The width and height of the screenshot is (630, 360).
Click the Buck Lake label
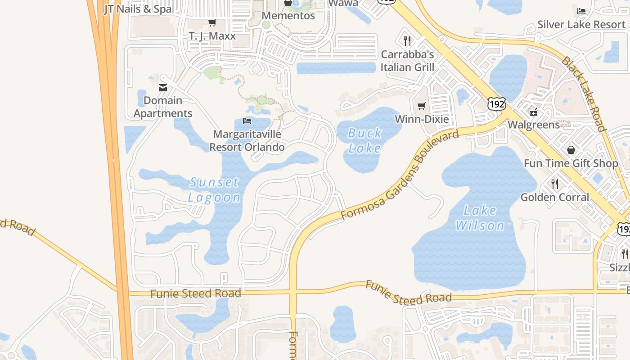(364, 140)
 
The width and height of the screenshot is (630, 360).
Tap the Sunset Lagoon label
(214, 190)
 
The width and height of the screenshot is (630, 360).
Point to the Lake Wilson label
(480, 218)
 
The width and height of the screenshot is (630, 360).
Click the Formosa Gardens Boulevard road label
(400, 175)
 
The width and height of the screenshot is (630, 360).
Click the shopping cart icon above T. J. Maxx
(212, 22)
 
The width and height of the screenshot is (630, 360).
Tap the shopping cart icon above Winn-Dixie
(422, 106)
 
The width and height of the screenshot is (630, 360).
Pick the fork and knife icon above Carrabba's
(407, 41)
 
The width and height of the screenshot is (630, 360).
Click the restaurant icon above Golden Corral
(555, 184)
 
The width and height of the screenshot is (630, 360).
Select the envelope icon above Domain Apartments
(163, 88)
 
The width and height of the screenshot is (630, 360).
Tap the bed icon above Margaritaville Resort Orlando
(247, 121)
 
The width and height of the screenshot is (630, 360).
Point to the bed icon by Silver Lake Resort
(581, 11)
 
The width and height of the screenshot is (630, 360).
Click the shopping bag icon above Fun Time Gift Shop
(571, 150)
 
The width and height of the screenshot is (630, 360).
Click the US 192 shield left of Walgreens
(497, 104)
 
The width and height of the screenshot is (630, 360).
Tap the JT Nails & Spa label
(138, 9)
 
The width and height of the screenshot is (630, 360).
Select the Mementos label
(288, 16)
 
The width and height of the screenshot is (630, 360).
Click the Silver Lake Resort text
(581, 24)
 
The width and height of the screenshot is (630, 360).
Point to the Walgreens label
(534, 124)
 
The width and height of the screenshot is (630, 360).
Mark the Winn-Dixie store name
(422, 119)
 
